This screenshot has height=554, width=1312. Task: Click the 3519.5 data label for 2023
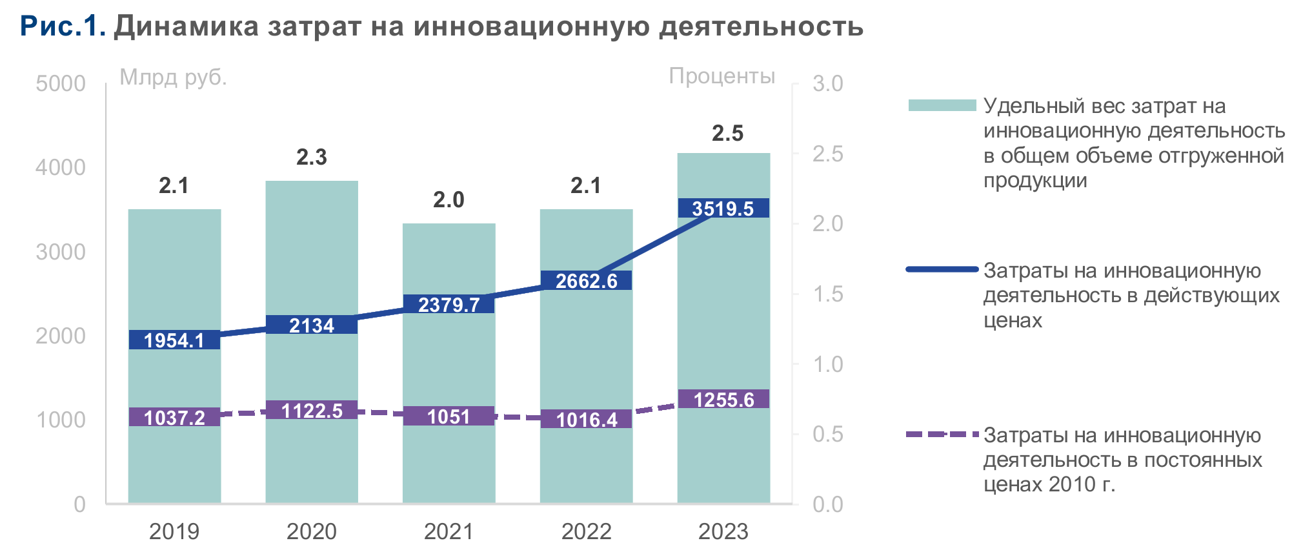tap(723, 209)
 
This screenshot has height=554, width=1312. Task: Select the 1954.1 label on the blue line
tap(174, 340)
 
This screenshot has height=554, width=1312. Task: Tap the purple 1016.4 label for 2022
tap(586, 420)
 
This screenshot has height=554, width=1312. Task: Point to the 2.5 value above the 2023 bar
tap(727, 134)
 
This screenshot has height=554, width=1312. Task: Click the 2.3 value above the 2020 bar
tap(312, 158)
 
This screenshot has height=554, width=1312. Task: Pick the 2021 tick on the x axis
tap(449, 531)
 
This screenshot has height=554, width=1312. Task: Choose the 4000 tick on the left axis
tap(60, 168)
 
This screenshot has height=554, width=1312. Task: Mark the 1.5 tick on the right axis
tap(827, 294)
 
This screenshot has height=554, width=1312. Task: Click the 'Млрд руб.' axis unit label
tap(173, 77)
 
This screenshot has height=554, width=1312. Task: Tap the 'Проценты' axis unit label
tap(722, 76)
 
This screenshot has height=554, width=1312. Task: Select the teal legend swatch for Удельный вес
tap(942, 105)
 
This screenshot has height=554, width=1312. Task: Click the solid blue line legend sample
tap(942, 269)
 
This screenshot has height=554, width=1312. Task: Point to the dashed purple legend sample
tap(942, 435)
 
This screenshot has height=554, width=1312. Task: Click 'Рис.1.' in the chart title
tap(63, 26)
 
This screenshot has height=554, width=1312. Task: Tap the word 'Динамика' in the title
tap(187, 26)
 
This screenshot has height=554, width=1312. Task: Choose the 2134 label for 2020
tap(312, 325)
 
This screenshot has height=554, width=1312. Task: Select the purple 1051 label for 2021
tap(449, 416)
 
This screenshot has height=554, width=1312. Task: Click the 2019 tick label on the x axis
tap(174, 531)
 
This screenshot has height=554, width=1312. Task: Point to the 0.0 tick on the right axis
tap(827, 504)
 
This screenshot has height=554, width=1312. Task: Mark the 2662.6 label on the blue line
tap(586, 281)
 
